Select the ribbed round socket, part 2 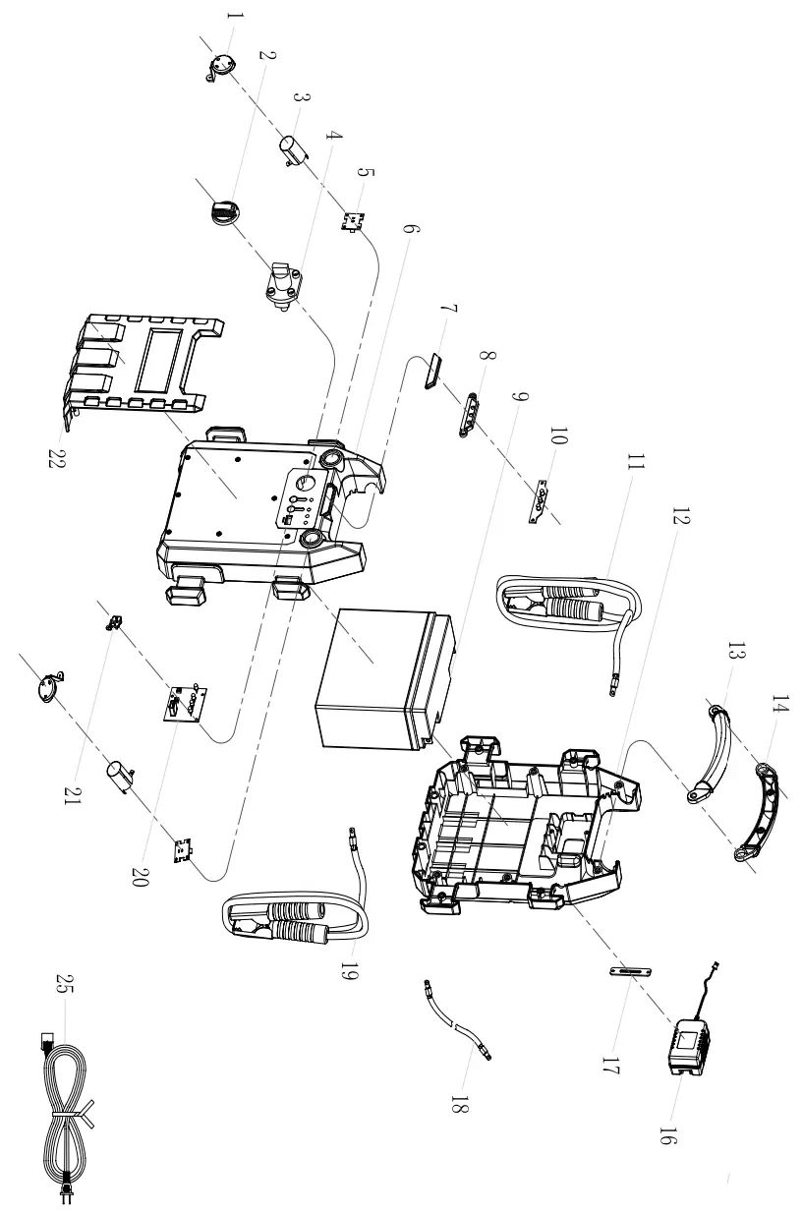click(x=225, y=210)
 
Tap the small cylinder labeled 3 click(x=295, y=148)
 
